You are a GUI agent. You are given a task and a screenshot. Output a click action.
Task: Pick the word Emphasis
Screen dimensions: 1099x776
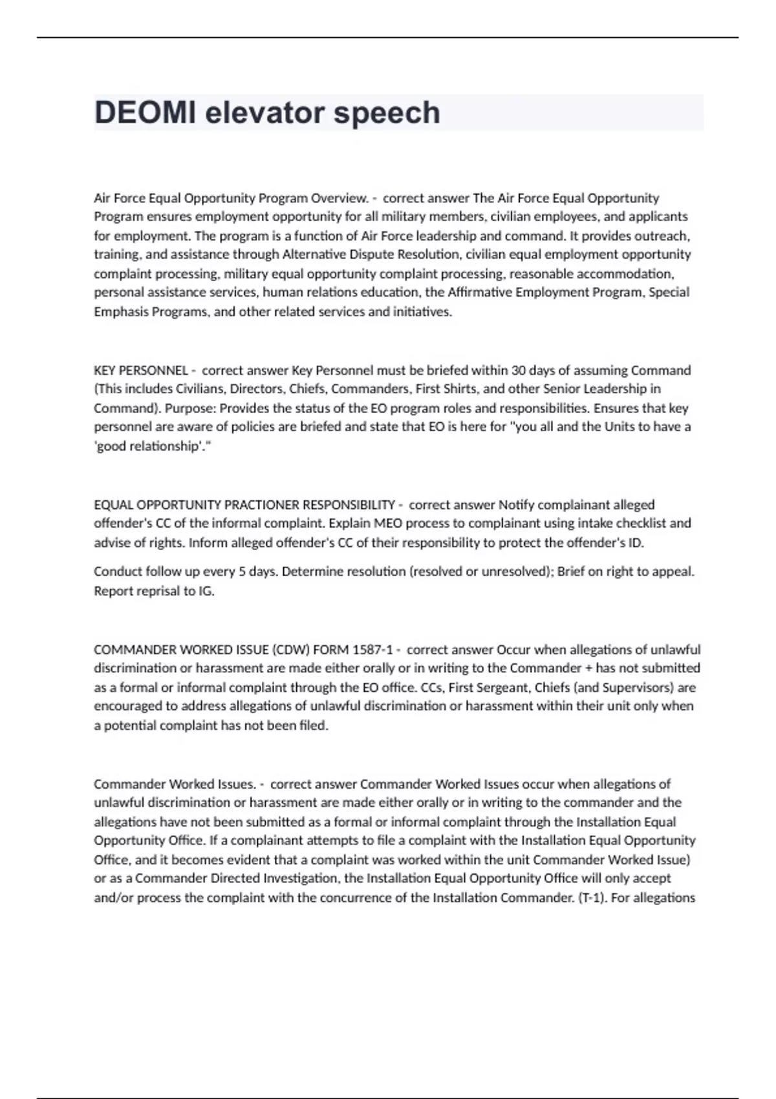pyautogui.click(x=120, y=312)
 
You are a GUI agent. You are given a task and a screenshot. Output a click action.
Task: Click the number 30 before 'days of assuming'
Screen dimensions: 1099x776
pyautogui.click(x=519, y=370)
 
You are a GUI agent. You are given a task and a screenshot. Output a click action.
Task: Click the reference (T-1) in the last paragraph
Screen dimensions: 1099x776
pyautogui.click(x=591, y=897)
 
